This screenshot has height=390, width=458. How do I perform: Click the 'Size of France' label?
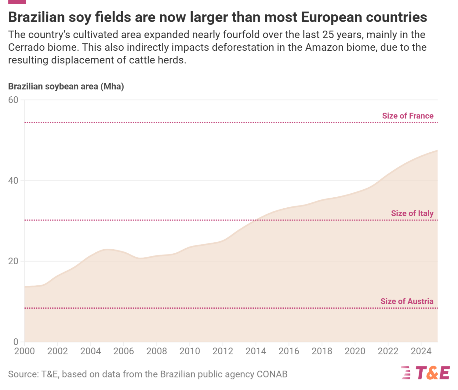click(x=408, y=116)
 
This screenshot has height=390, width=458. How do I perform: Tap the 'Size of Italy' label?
click(x=412, y=213)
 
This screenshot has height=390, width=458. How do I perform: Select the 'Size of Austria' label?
click(x=407, y=301)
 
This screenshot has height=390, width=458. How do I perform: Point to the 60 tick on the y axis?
click(x=13, y=100)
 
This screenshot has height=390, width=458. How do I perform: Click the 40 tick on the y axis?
click(x=13, y=181)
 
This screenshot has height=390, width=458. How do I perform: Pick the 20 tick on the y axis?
click(x=13, y=261)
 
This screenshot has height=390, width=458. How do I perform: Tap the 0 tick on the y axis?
click(x=16, y=342)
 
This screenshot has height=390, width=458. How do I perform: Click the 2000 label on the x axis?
click(x=24, y=351)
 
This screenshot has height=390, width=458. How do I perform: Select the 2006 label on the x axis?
click(x=123, y=351)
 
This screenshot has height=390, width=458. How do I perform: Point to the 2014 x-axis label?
click(x=256, y=351)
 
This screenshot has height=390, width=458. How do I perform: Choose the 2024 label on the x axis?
click(x=421, y=351)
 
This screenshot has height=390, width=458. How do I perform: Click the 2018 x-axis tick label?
click(x=322, y=351)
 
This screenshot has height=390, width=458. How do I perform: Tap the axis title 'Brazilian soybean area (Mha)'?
click(x=66, y=87)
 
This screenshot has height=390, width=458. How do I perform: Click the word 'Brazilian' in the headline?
click(x=37, y=17)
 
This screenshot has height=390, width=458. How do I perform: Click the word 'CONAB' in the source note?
click(x=272, y=374)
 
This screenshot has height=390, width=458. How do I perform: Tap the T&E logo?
click(x=425, y=373)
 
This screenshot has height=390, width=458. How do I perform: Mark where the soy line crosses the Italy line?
click(x=255, y=220)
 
